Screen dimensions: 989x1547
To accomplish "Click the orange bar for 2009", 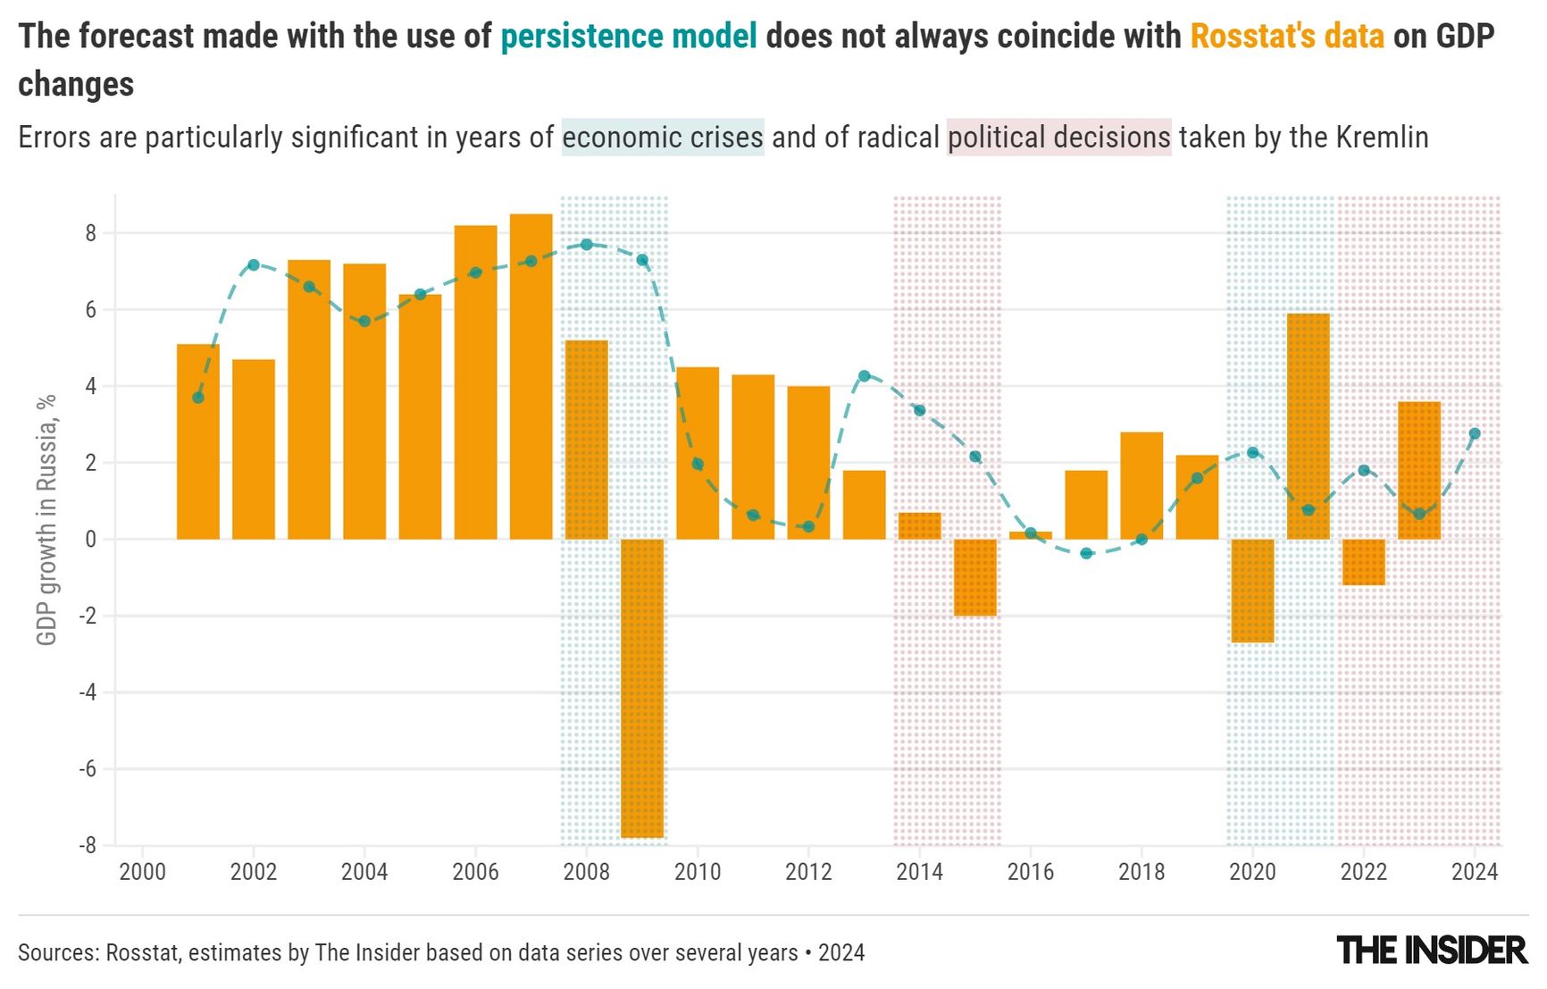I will [642, 688].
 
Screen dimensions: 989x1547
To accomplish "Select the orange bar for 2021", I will [1308, 426].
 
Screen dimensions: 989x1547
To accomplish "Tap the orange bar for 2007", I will [531, 376].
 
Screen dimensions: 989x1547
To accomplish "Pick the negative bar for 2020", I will [1252, 591].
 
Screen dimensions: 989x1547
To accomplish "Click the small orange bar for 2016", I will [1031, 535].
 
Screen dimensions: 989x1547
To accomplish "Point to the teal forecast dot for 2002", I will [254, 265].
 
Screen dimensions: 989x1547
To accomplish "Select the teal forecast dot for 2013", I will [864, 376].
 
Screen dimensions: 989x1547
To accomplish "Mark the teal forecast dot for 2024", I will [1475, 433].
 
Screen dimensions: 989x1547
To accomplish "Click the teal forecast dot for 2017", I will [1086, 554].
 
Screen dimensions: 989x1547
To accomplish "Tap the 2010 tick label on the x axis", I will [697, 872].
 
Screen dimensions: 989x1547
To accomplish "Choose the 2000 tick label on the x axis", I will [142, 872].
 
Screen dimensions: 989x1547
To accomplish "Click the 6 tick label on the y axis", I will [90, 310].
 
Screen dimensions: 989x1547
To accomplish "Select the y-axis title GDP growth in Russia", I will [46, 519].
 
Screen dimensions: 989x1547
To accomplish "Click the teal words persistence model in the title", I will [628, 37].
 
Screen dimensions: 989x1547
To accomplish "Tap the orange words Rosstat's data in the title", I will [1287, 37].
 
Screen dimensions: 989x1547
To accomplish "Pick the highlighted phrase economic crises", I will [662, 138].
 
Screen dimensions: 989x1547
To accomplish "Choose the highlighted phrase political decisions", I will [1058, 138].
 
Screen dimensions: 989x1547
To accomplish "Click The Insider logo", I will [1432, 951].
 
